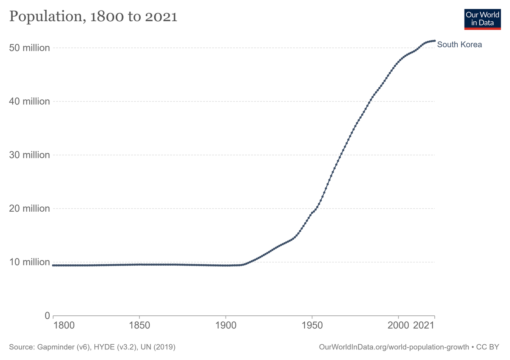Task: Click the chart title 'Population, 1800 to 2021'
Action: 93,17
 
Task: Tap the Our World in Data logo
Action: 482,20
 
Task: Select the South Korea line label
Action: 459,44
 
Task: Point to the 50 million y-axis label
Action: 29,48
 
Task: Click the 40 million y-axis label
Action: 29,101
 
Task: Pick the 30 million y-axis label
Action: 29,155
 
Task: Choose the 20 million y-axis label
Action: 29,208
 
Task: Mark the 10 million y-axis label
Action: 29,262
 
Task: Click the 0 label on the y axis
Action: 47,316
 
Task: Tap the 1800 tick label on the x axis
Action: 64,326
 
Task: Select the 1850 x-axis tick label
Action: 139,326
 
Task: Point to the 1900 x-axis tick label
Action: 226,326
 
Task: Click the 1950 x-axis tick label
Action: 312,326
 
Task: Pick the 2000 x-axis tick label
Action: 398,326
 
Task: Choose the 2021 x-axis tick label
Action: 424,326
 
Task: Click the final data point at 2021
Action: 434,41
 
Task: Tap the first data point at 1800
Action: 53,265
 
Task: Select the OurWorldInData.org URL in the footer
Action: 394,347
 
